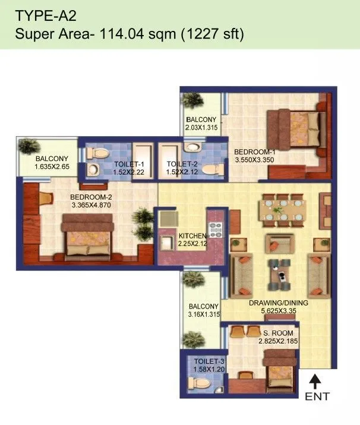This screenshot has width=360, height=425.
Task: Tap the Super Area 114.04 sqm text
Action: [130, 35]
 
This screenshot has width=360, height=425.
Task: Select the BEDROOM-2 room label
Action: [90, 197]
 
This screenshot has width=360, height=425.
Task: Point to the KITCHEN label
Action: [193, 236]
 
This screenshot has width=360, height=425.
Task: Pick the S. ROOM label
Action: [273, 333]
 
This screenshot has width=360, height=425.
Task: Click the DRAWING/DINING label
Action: [278, 303]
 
